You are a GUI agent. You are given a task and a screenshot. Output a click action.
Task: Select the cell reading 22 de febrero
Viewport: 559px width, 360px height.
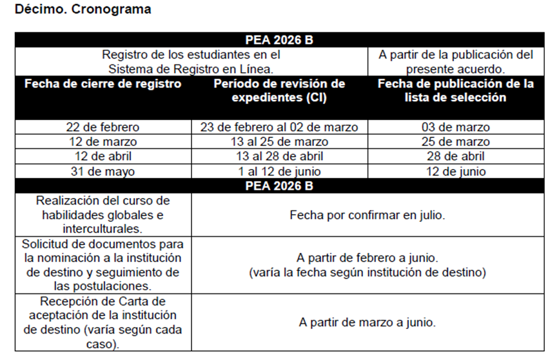tap(103, 127)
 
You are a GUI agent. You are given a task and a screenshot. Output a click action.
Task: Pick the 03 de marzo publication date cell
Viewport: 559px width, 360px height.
tap(455, 127)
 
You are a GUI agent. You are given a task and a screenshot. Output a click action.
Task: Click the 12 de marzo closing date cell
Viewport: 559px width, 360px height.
tap(103, 142)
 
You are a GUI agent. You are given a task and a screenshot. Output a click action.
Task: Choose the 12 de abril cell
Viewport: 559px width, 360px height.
tap(103, 157)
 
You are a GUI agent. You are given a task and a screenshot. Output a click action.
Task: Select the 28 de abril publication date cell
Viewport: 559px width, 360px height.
tap(455, 157)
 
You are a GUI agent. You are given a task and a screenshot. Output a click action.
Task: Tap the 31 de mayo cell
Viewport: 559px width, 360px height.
tap(103, 172)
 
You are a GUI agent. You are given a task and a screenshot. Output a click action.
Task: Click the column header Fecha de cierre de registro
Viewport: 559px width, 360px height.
tap(103, 84)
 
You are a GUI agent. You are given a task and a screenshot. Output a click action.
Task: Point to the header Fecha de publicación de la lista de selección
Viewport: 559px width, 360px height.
tap(455, 91)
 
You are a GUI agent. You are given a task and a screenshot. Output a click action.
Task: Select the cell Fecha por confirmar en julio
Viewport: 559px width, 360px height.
tap(367, 215)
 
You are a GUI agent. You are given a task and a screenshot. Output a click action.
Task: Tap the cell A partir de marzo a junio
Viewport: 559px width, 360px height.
tap(367, 322)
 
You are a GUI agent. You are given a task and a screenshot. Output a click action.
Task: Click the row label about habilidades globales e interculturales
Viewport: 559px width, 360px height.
tap(103, 215)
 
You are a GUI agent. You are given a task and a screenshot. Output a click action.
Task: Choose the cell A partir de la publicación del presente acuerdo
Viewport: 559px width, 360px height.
tap(455, 61)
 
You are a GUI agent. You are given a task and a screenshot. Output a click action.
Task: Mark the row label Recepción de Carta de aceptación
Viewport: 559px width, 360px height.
tap(103, 322)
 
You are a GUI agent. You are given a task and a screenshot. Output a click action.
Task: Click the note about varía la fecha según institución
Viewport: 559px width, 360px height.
tap(367, 273)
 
